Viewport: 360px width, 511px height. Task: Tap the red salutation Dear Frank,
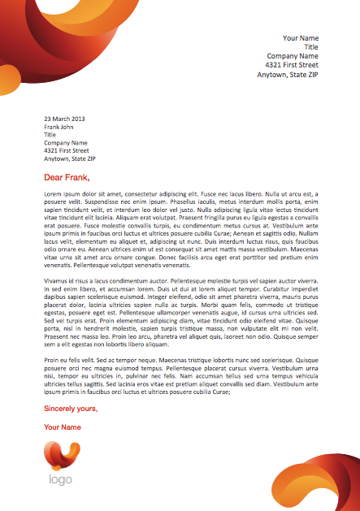[67, 177]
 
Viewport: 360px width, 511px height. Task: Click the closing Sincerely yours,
[71, 409]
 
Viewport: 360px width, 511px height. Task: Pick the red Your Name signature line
[63, 427]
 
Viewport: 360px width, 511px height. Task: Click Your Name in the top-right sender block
[301, 38]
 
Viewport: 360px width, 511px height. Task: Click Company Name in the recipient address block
[66, 143]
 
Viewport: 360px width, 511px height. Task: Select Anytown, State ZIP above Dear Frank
[70, 158]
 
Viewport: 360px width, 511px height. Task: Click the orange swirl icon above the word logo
[62, 456]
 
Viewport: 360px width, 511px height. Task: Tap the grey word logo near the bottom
[61, 479]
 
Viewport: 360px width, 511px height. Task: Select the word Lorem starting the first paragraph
[53, 194]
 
